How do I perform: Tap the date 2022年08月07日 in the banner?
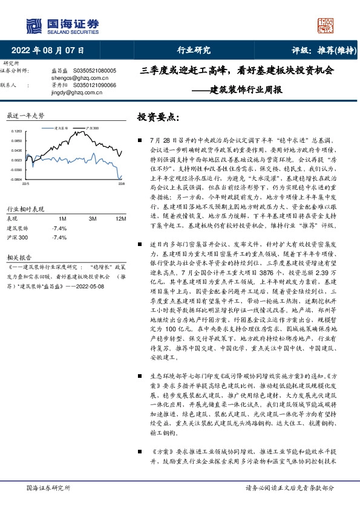coord(48,50)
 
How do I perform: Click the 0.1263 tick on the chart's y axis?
coord(17,131)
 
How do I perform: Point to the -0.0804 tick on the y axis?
coord(16,179)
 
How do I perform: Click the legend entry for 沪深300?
coord(91,128)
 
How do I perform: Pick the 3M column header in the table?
coord(93,219)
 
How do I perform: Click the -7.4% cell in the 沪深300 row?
coord(59,238)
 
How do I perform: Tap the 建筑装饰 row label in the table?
coord(16,229)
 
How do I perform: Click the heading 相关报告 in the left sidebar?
coord(16,255)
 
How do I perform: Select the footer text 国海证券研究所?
coord(49,487)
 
